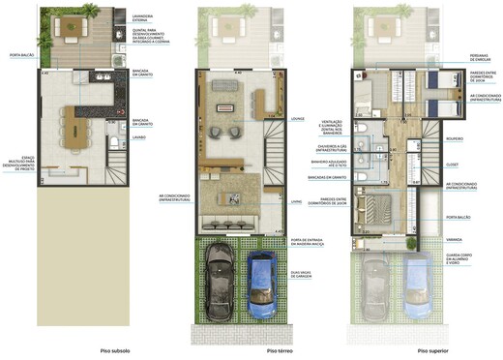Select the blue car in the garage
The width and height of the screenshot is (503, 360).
pyautogui.click(x=260, y=283)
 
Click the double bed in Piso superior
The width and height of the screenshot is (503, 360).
pyautogui.click(x=374, y=206)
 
